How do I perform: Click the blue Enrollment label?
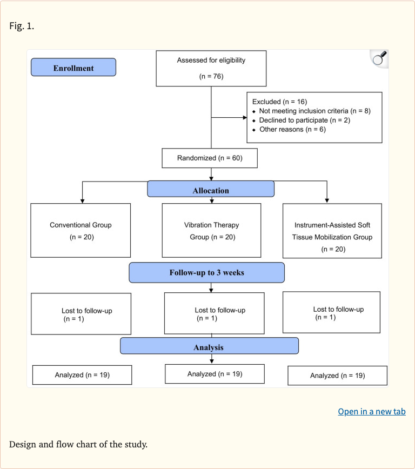[73, 68]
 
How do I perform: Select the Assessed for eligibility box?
[211, 68]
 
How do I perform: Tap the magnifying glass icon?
[379, 58]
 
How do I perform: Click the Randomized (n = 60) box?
[210, 158]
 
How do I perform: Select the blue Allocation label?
[211, 190]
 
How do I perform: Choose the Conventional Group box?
[81, 230]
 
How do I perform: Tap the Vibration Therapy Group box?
[211, 230]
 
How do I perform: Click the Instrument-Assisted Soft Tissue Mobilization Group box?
[332, 231]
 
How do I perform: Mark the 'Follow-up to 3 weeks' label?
[206, 272]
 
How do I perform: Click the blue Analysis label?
[209, 347]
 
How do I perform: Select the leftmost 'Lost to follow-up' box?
[81, 314]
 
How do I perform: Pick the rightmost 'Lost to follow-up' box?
[331, 313]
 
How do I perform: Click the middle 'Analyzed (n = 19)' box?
[215, 374]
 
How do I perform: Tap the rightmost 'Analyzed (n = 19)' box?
[337, 376]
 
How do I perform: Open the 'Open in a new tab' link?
[371, 411]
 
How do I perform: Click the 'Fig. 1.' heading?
[22, 25]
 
